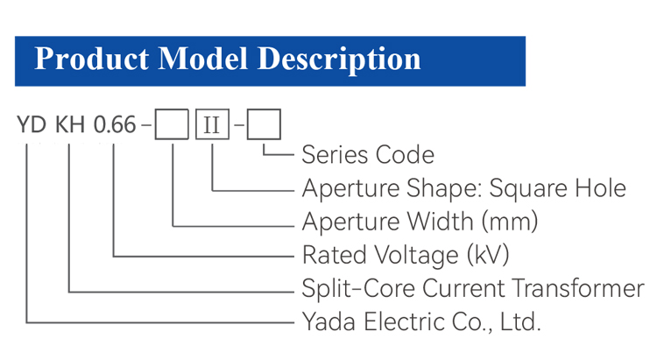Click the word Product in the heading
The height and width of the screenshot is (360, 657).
pos(91,59)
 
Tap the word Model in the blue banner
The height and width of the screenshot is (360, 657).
pos(203,59)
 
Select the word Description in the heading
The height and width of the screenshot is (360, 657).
pos(339,60)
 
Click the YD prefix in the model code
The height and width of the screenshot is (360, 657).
pos(32,125)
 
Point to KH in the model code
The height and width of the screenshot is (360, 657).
pos(70,125)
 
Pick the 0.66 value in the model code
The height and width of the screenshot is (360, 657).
pos(115,125)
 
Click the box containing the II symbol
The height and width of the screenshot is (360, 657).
pos(213,124)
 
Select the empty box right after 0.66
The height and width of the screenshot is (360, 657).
pos(172,124)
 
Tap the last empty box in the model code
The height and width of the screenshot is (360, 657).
pos(264,124)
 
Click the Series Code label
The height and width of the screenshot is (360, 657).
pos(368,155)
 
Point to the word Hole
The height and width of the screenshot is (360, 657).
pos(600,187)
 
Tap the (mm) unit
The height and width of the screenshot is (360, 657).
pos(510,222)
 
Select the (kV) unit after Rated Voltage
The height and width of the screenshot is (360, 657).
pos(488,255)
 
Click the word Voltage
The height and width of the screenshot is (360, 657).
pos(416,255)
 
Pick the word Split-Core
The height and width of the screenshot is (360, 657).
pos(358,288)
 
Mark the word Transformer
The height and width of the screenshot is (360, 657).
pos(578,288)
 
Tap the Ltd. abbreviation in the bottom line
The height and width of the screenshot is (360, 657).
pos(520,321)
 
